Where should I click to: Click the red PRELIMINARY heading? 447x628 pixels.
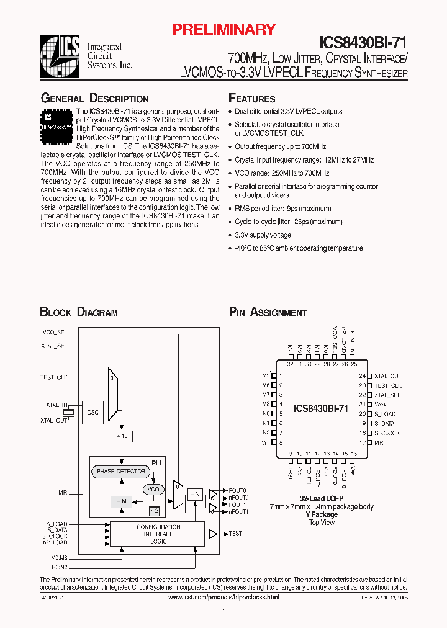(223, 29)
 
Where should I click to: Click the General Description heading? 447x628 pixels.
(94, 99)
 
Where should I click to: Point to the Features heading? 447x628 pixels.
(252, 99)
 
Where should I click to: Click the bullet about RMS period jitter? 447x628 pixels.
(282, 209)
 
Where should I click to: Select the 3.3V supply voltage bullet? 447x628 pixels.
(263, 235)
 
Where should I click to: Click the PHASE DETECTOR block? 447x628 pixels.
(121, 472)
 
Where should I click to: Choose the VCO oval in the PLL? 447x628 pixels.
(153, 490)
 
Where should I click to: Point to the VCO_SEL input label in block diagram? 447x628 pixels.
(54, 332)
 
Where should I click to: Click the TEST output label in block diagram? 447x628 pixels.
(235, 534)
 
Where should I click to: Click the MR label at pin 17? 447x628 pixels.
(379, 442)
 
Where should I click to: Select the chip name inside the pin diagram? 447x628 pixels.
(320, 408)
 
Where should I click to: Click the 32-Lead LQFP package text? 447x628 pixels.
(322, 498)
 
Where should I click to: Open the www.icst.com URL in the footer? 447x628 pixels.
(223, 597)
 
